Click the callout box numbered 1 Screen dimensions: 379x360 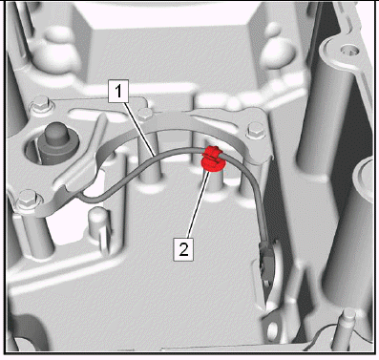(118, 92)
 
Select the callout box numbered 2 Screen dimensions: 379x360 (183, 249)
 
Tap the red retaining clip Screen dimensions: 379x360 (212, 159)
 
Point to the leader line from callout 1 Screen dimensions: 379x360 (140, 127)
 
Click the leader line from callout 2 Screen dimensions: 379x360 (198, 204)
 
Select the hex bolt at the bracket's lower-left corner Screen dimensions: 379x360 (28, 199)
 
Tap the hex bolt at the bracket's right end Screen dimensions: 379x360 (257, 130)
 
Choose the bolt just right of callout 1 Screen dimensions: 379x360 (145, 114)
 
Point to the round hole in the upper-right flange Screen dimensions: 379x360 (347, 50)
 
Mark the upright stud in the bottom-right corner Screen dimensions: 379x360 (343, 329)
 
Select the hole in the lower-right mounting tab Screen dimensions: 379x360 (273, 331)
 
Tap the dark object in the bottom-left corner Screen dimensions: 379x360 (22, 332)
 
